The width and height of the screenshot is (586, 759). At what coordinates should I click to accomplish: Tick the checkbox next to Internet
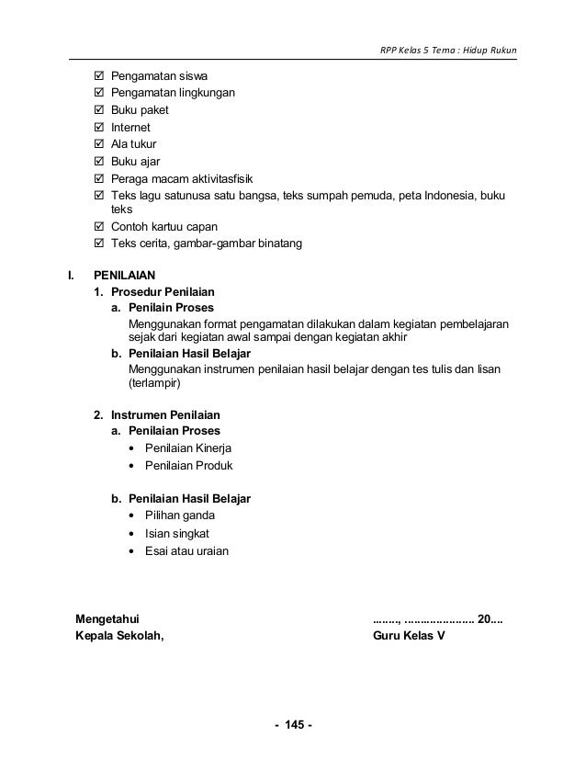point(99,128)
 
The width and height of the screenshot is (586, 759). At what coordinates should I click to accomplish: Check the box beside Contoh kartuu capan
point(99,227)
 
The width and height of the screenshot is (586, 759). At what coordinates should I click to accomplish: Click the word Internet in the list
point(130,128)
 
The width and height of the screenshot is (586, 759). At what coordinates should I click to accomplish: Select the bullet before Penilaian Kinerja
point(135,448)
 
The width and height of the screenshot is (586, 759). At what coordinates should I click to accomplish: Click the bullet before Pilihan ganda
point(135,516)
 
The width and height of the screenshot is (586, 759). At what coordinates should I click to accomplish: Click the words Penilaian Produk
point(187,466)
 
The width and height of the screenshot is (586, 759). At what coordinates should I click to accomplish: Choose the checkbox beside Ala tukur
point(99,144)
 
